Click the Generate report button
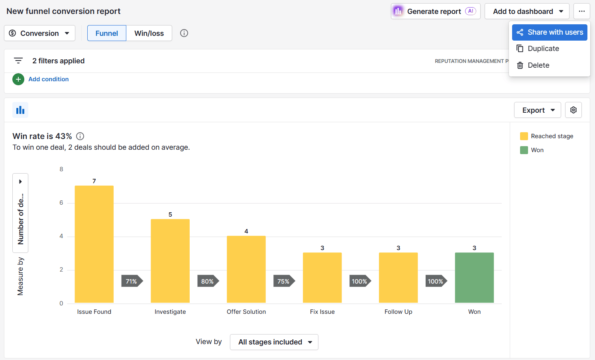[x=435, y=11]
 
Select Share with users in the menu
[x=549, y=32]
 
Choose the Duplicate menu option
[x=543, y=49]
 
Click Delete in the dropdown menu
[x=538, y=65]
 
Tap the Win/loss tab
[x=149, y=33]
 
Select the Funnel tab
[x=106, y=33]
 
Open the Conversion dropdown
[x=39, y=33]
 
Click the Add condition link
[x=48, y=79]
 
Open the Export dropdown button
[x=537, y=110]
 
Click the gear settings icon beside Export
[x=573, y=110]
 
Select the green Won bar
[x=474, y=278]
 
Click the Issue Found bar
[x=94, y=244]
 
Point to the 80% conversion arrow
[x=208, y=281]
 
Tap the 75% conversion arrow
[x=284, y=281]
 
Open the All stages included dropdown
[x=274, y=342]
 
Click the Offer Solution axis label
[x=246, y=312]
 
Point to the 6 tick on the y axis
[x=61, y=203]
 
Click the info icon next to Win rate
[x=80, y=136]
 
